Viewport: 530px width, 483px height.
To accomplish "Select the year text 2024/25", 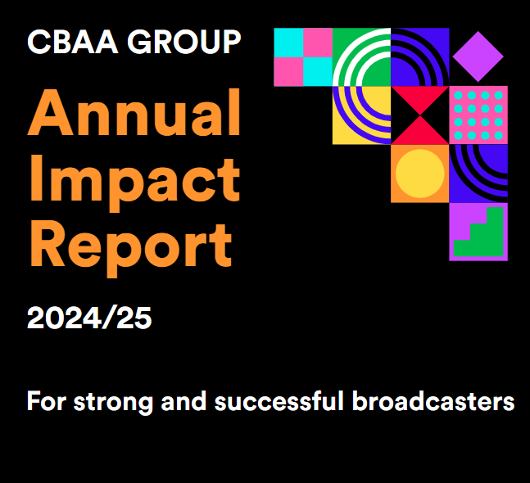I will tap(89, 318).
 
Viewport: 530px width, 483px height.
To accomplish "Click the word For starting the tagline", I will tap(47, 403).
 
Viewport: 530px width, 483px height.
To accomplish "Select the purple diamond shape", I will tap(478, 56).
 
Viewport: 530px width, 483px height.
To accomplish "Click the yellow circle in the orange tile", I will tap(419, 174).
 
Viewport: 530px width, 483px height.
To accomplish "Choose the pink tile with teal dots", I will tap(478, 115).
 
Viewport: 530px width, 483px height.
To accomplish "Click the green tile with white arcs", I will tap(361, 57).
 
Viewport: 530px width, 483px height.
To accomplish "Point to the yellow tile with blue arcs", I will tap(361, 115).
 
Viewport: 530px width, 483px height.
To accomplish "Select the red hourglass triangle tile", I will tap(419, 115).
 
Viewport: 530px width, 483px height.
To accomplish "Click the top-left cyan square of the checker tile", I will tap(288, 43).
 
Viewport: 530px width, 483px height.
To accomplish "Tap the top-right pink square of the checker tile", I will tap(318, 43).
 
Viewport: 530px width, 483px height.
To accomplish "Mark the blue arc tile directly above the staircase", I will tap(478, 174).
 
